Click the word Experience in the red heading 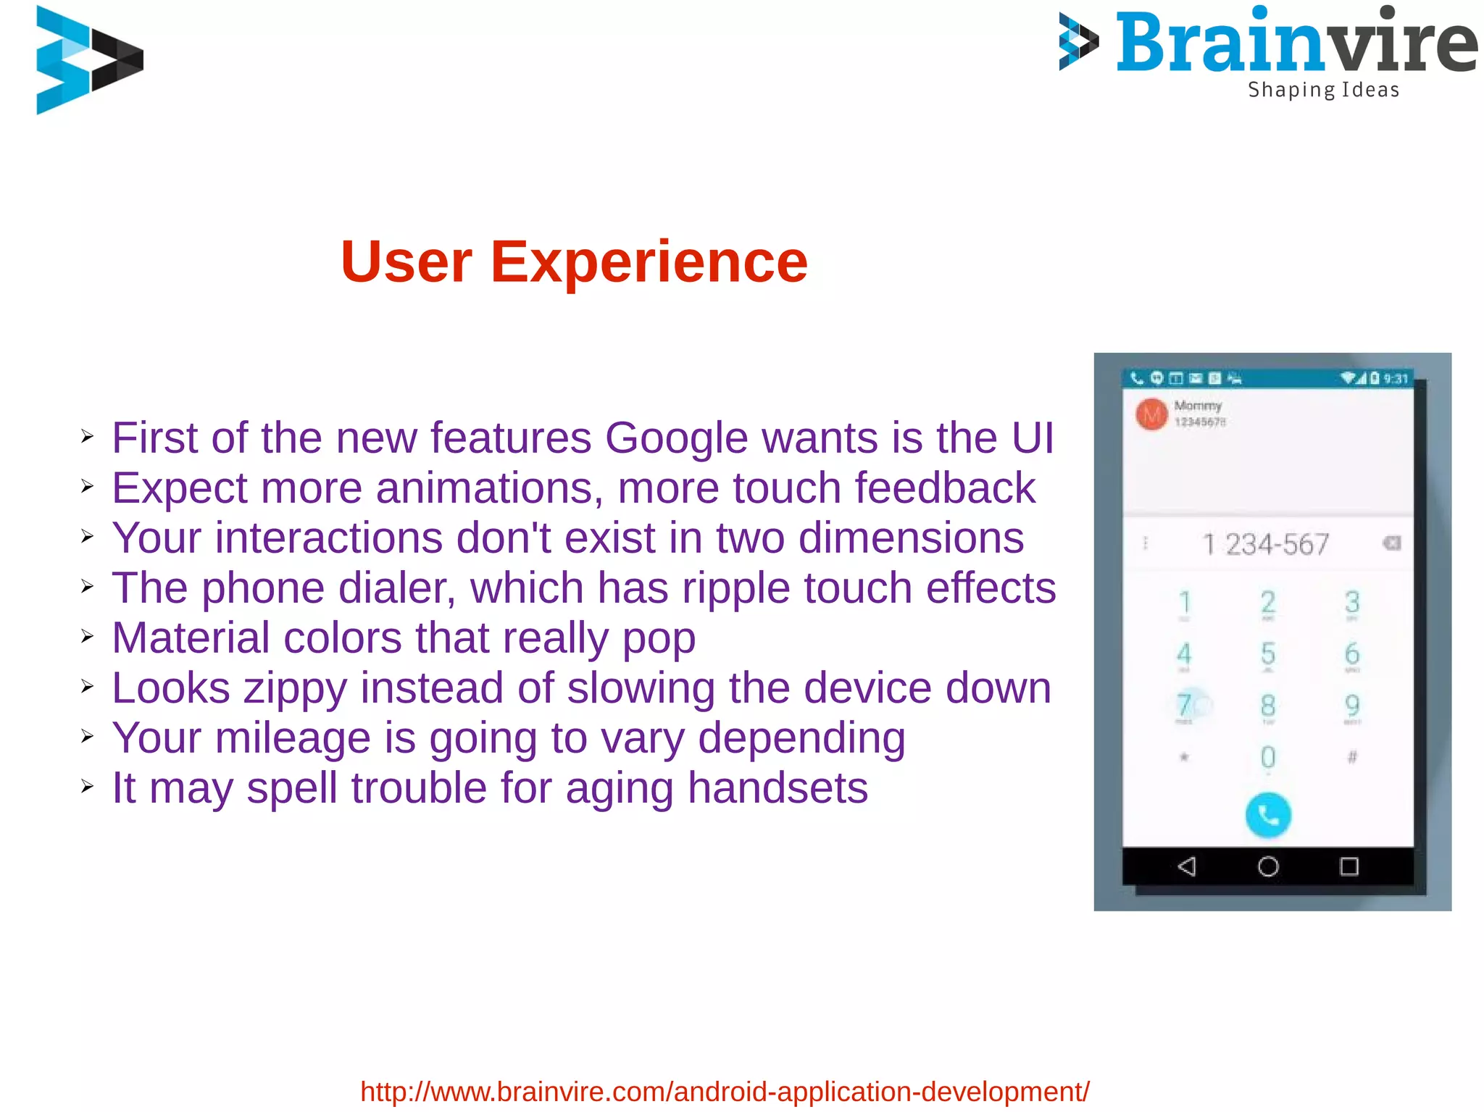pyautogui.click(x=649, y=262)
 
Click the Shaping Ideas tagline pyautogui.click(x=1323, y=90)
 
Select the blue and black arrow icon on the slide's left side pyautogui.click(x=88, y=59)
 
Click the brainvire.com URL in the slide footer pyautogui.click(x=725, y=1091)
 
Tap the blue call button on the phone pyautogui.click(x=1267, y=815)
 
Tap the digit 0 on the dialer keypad pyautogui.click(x=1267, y=758)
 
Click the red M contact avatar pyautogui.click(x=1151, y=414)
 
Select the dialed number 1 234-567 pyautogui.click(x=1265, y=545)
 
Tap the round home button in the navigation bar pyautogui.click(x=1268, y=866)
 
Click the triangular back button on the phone pyautogui.click(x=1187, y=866)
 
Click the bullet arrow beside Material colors pyautogui.click(x=88, y=637)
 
